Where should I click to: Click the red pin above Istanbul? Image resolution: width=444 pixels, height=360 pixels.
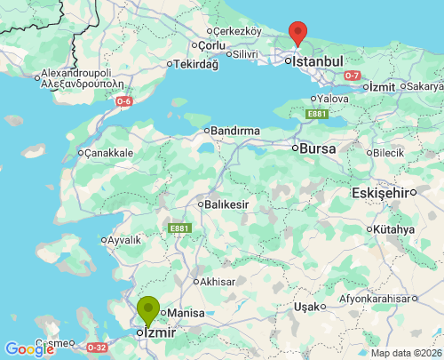click(298, 33)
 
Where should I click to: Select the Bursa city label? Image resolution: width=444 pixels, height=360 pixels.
click(318, 148)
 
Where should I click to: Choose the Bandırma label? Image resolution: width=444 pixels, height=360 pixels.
click(235, 131)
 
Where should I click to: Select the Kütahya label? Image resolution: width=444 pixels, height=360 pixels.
click(394, 229)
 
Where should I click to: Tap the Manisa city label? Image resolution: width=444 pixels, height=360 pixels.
click(186, 313)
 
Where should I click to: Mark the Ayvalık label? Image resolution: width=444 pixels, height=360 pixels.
click(123, 240)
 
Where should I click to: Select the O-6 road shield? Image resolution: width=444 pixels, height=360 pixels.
click(123, 101)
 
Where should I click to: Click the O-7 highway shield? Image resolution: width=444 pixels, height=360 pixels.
click(353, 75)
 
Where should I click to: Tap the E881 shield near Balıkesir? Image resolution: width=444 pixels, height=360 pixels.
click(179, 228)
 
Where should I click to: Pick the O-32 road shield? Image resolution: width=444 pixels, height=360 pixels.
click(97, 347)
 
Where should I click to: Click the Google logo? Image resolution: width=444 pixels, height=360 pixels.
click(29, 349)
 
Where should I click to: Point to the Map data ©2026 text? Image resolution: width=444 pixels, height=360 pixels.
click(405, 353)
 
